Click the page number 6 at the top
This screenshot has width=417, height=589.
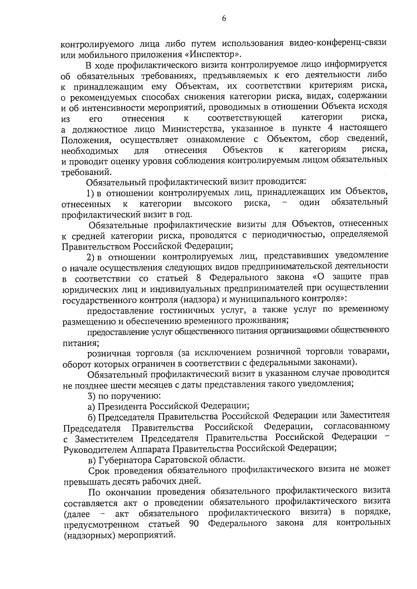[224, 19]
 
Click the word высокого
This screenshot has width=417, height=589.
[213, 203]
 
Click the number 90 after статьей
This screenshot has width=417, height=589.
[194, 524]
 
